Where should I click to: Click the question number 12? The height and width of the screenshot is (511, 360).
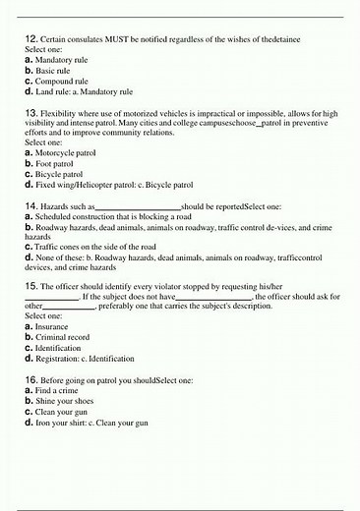(30, 38)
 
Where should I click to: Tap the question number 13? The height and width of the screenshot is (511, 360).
(30, 113)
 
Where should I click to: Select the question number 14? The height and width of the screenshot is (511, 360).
(30, 206)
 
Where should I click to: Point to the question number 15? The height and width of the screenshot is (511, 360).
(30, 283)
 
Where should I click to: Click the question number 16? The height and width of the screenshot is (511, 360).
(30, 378)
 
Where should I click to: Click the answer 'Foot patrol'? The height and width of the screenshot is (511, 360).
(59, 164)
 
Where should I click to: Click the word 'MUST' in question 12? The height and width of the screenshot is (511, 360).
(110, 38)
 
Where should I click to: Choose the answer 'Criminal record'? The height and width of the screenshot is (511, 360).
(67, 336)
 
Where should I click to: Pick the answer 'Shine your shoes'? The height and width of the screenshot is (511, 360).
(69, 400)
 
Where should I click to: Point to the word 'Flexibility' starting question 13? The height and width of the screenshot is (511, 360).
(62, 113)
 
